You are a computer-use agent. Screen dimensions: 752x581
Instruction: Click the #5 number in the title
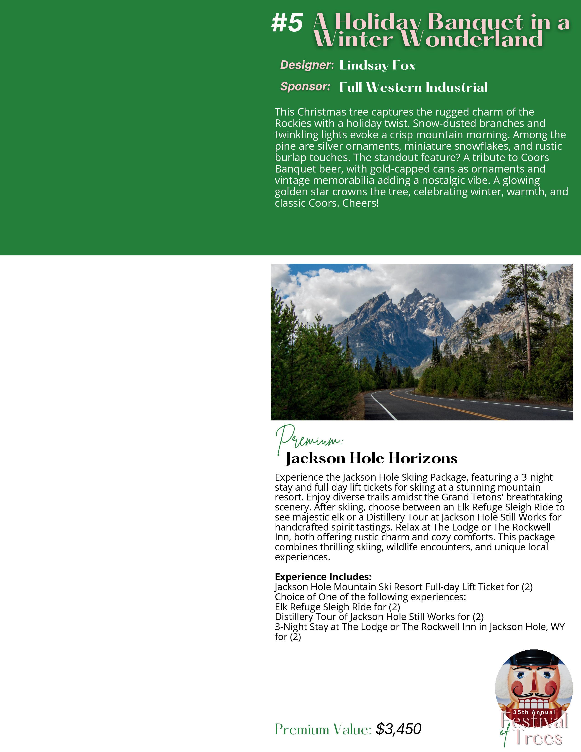coord(287,23)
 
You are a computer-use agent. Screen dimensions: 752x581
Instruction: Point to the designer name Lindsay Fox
coord(377,65)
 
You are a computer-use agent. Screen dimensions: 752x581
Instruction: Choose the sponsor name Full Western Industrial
coord(413,88)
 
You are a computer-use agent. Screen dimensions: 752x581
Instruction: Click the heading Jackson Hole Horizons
coord(372,458)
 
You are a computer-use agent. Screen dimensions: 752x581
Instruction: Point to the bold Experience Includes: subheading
coord(323,577)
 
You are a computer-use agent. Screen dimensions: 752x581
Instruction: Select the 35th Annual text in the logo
coord(534,712)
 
